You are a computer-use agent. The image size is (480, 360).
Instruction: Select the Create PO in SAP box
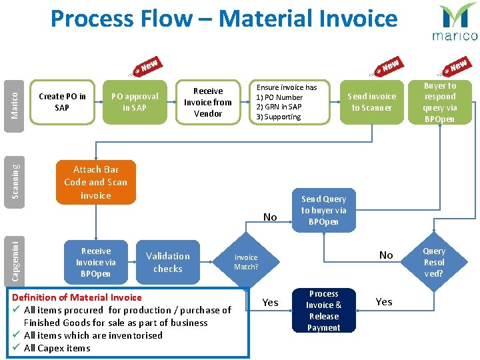coord(62,102)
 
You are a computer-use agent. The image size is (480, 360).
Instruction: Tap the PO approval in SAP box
coord(135,102)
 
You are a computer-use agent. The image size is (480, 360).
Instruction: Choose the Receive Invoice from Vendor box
coord(208,102)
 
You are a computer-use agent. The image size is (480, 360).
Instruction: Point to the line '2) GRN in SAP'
coord(279,107)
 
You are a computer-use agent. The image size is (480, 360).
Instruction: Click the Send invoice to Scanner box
coord(371,102)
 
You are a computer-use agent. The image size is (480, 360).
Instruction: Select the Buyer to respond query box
coord(439,102)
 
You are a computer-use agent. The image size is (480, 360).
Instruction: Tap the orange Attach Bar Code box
coord(95,182)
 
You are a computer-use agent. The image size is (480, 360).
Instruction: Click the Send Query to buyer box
coord(324,210)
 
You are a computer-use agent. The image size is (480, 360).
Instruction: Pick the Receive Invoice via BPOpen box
coord(95,262)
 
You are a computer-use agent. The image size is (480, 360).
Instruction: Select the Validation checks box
coord(167,262)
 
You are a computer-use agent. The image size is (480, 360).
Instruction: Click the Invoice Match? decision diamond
coord(246,262)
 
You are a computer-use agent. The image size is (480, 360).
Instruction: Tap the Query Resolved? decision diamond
coord(434,262)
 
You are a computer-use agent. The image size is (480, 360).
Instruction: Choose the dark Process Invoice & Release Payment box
coord(324,311)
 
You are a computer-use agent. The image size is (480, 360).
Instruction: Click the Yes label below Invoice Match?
coord(270,303)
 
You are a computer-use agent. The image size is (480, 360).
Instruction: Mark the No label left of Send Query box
coord(270,217)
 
